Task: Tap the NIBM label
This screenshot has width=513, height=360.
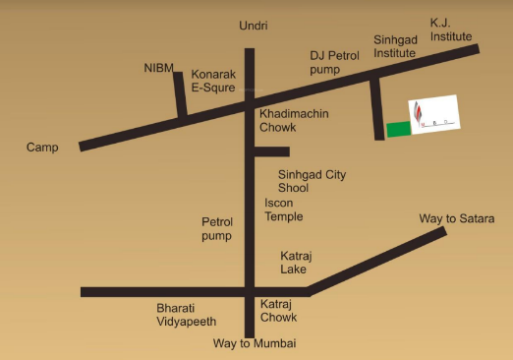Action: [158, 68]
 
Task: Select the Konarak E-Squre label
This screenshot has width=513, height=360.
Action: [213, 80]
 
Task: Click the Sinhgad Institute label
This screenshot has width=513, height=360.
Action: [395, 46]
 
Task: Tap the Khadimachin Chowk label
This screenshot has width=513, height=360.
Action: [293, 121]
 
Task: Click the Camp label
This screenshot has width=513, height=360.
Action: [43, 148]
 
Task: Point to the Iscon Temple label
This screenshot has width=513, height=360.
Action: [284, 210]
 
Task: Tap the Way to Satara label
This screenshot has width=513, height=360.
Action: [457, 217]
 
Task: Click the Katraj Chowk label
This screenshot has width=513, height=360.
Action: [279, 312]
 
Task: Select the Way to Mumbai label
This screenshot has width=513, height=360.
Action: [255, 343]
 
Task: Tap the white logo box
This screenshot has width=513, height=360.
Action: [433, 114]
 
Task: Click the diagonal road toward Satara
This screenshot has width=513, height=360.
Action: [377, 261]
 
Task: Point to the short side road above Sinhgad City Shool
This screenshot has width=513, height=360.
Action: [272, 151]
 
